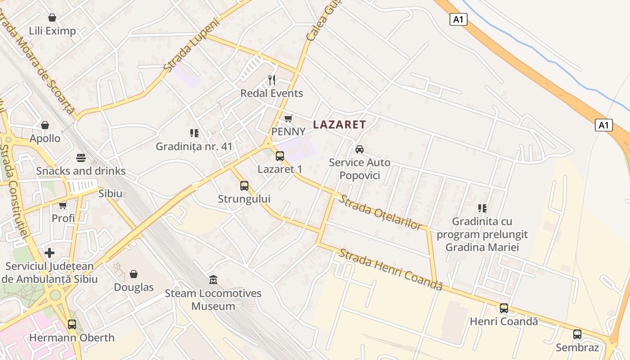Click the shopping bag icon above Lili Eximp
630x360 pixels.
coord(52,18)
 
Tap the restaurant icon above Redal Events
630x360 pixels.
coord(272,80)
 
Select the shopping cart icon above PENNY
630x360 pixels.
coord(288,118)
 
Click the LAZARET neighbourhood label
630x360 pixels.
coord(339,125)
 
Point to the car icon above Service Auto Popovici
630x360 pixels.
coord(359,149)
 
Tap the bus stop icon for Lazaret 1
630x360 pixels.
coord(279,156)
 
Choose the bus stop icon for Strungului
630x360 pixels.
coord(244,185)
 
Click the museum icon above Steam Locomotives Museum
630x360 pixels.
coord(213,280)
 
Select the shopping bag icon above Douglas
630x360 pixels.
coord(134,274)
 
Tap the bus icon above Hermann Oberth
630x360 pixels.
coord(72,324)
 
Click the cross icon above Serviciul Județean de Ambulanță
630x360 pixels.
coord(49,253)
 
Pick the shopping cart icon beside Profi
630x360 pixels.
coord(63,205)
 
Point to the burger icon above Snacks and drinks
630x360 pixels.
coord(81,158)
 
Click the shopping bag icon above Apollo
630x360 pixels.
coord(45,125)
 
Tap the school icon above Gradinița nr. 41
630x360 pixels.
coord(194,133)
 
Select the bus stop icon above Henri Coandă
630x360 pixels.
coord(504,308)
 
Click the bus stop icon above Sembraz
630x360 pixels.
coord(577,334)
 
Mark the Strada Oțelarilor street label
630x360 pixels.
coord(380,212)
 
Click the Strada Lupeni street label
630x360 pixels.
coord(191,45)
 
